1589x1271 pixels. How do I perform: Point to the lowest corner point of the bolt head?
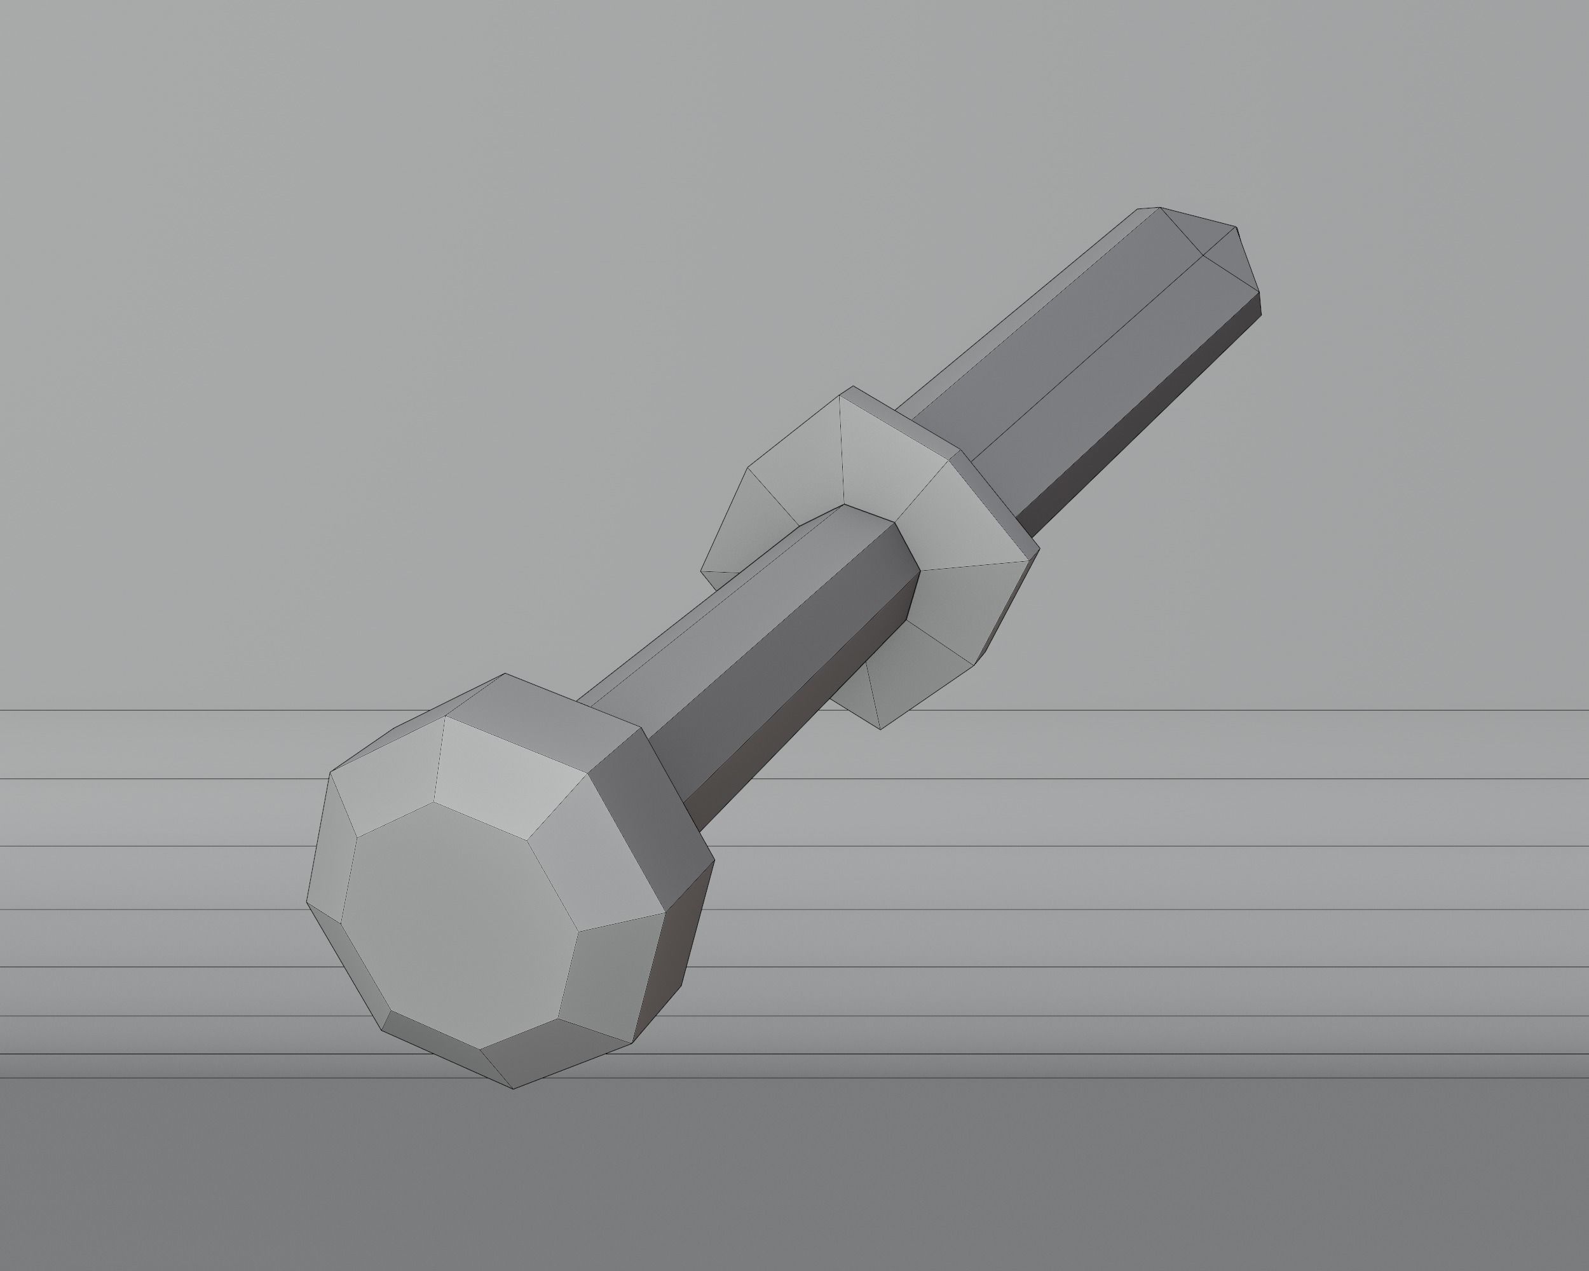(514, 1089)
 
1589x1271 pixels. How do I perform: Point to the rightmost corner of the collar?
(1039, 547)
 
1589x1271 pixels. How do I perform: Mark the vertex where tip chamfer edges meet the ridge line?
(1203, 255)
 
